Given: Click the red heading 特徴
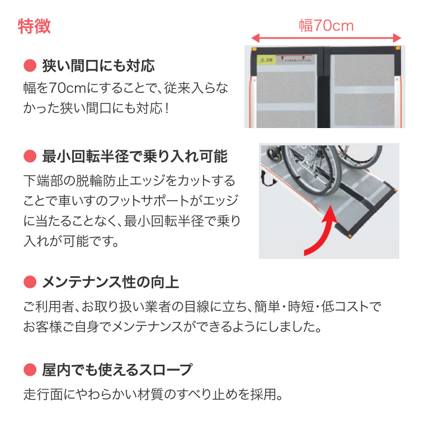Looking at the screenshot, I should tap(35, 26).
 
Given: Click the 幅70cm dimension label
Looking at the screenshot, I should tap(326, 25).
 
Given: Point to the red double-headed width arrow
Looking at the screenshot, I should tap(326, 38).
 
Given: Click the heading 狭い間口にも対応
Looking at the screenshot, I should tap(98, 66).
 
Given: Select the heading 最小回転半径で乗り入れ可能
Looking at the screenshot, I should tap(135, 156).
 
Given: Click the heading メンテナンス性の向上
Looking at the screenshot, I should tap(111, 282).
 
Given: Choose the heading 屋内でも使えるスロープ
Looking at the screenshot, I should tap(117, 370).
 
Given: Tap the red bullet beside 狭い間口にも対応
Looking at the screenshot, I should tap(29, 66).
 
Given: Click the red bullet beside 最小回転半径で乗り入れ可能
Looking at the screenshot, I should tap(29, 156).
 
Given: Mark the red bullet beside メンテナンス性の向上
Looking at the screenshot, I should tap(29, 282).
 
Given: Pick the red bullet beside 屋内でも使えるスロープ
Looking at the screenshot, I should tap(29, 370).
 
